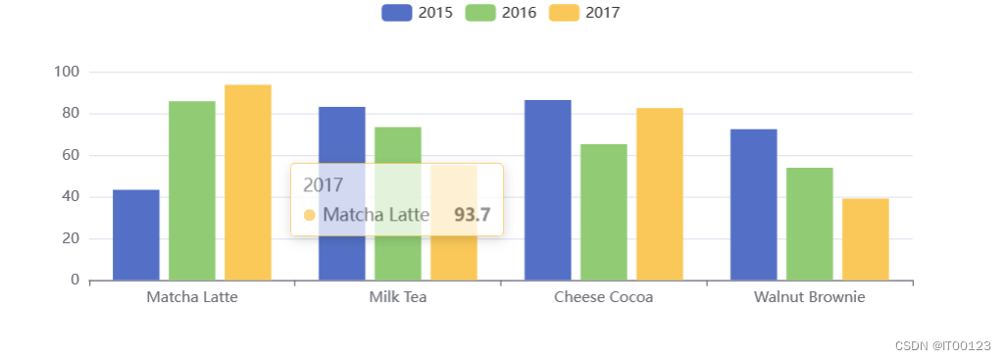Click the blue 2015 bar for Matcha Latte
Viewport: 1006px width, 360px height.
coord(136,234)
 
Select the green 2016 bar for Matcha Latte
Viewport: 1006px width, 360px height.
coord(192,190)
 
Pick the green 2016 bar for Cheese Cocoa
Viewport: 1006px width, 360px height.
coord(604,212)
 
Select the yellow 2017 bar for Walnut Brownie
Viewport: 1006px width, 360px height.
coord(866,239)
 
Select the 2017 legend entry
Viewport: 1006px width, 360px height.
coord(585,13)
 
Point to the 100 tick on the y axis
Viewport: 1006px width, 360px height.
coord(67,72)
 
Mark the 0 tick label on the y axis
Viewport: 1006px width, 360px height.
coord(75,280)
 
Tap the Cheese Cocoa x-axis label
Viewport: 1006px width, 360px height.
coord(603,296)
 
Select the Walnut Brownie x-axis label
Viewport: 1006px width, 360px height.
coord(809,296)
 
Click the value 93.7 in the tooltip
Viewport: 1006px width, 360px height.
coord(472,214)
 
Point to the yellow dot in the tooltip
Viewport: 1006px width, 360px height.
coord(310,215)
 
